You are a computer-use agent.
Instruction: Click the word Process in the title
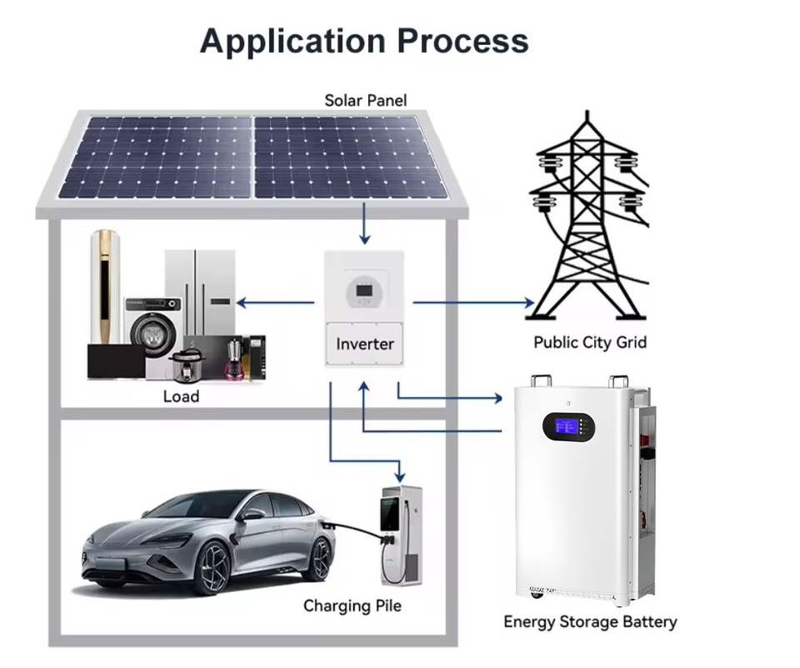pyautogui.click(x=462, y=40)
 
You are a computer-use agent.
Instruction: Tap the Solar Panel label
pyautogui.click(x=366, y=100)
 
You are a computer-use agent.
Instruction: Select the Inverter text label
pyautogui.click(x=365, y=344)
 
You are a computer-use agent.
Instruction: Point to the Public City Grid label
pyautogui.click(x=590, y=342)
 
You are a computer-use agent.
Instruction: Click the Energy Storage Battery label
pyautogui.click(x=590, y=622)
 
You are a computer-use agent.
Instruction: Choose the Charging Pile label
pyautogui.click(x=352, y=606)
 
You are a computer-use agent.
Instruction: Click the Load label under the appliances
pyautogui.click(x=181, y=396)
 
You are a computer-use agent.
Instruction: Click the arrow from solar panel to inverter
pyautogui.click(x=364, y=224)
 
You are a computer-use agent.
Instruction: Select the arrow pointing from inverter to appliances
pyautogui.click(x=276, y=303)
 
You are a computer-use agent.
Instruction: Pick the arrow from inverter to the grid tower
pyautogui.click(x=474, y=303)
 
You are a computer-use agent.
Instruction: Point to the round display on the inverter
pyautogui.click(x=364, y=292)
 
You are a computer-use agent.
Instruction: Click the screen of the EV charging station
pyautogui.click(x=390, y=512)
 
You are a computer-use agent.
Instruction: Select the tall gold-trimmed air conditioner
pyautogui.click(x=106, y=287)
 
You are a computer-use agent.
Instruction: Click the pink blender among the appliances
pyautogui.click(x=234, y=358)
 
